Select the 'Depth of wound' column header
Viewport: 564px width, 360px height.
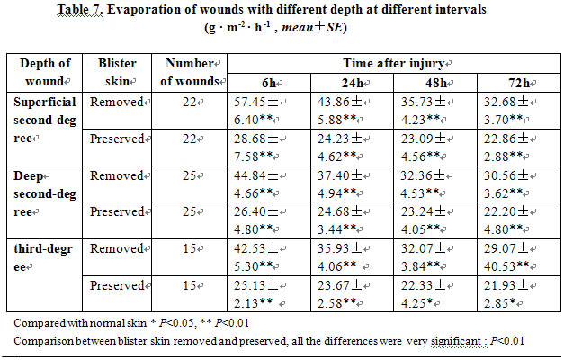pyautogui.click(x=45, y=71)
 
